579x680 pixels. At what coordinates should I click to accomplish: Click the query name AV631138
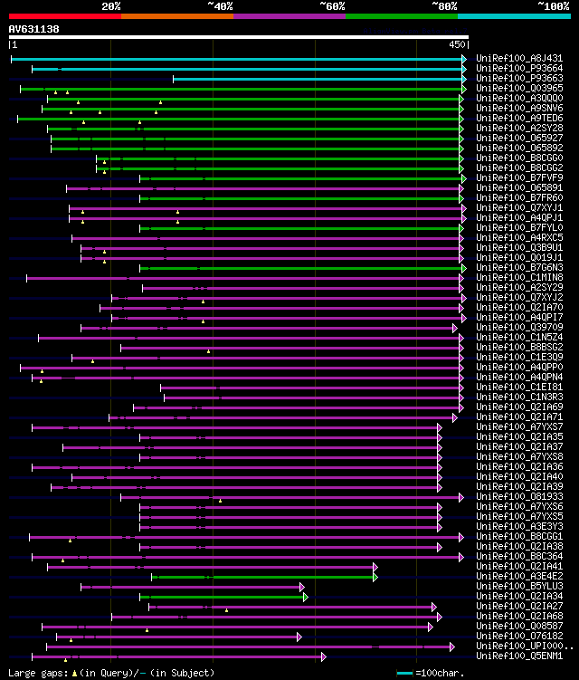click(x=34, y=29)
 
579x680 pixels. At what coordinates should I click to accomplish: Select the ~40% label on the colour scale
click(x=220, y=5)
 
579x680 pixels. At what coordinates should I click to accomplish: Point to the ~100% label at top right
click(x=553, y=5)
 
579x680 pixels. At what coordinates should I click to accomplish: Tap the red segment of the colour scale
click(x=64, y=16)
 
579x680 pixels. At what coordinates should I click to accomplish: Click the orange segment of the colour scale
click(x=176, y=16)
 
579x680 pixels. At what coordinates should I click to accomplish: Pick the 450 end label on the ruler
click(x=457, y=44)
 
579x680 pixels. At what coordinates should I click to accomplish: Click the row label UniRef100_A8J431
click(x=519, y=58)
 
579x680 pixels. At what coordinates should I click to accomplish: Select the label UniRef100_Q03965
click(x=519, y=88)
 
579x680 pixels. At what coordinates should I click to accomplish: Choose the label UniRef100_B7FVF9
click(x=519, y=177)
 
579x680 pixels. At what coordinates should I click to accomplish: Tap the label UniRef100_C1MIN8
click(x=519, y=277)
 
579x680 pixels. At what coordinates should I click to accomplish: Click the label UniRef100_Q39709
click(x=519, y=327)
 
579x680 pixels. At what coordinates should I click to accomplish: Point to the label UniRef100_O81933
click(x=519, y=496)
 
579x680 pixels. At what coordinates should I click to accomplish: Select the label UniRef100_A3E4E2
click(x=519, y=576)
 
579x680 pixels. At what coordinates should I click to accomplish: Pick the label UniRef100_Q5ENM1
click(x=519, y=656)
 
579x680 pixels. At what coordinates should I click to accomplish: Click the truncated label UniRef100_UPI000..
click(x=523, y=646)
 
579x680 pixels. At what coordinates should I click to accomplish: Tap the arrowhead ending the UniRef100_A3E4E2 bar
click(x=375, y=576)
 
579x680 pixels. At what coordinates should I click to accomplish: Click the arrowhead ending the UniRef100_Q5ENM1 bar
click(x=323, y=656)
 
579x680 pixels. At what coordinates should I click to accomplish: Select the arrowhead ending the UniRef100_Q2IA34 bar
click(x=306, y=596)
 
